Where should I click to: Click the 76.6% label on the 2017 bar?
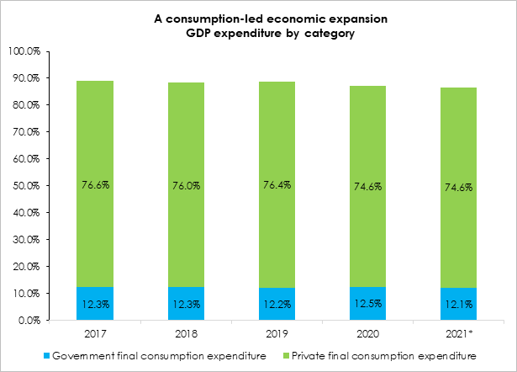point(95,185)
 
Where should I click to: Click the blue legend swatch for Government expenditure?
point(45,356)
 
